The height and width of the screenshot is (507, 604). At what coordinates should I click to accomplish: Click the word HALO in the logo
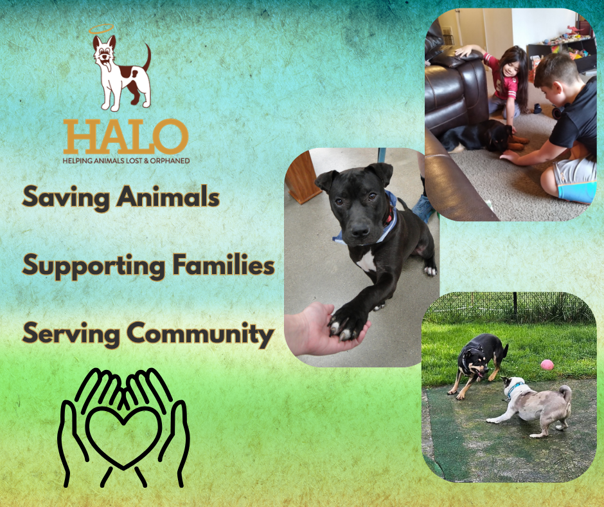tap(125, 137)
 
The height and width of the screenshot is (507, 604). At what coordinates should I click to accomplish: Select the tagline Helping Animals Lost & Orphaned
tap(126, 160)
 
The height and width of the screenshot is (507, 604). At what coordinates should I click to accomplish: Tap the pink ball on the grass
tap(547, 365)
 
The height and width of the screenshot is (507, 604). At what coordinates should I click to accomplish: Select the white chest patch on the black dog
tap(367, 261)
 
